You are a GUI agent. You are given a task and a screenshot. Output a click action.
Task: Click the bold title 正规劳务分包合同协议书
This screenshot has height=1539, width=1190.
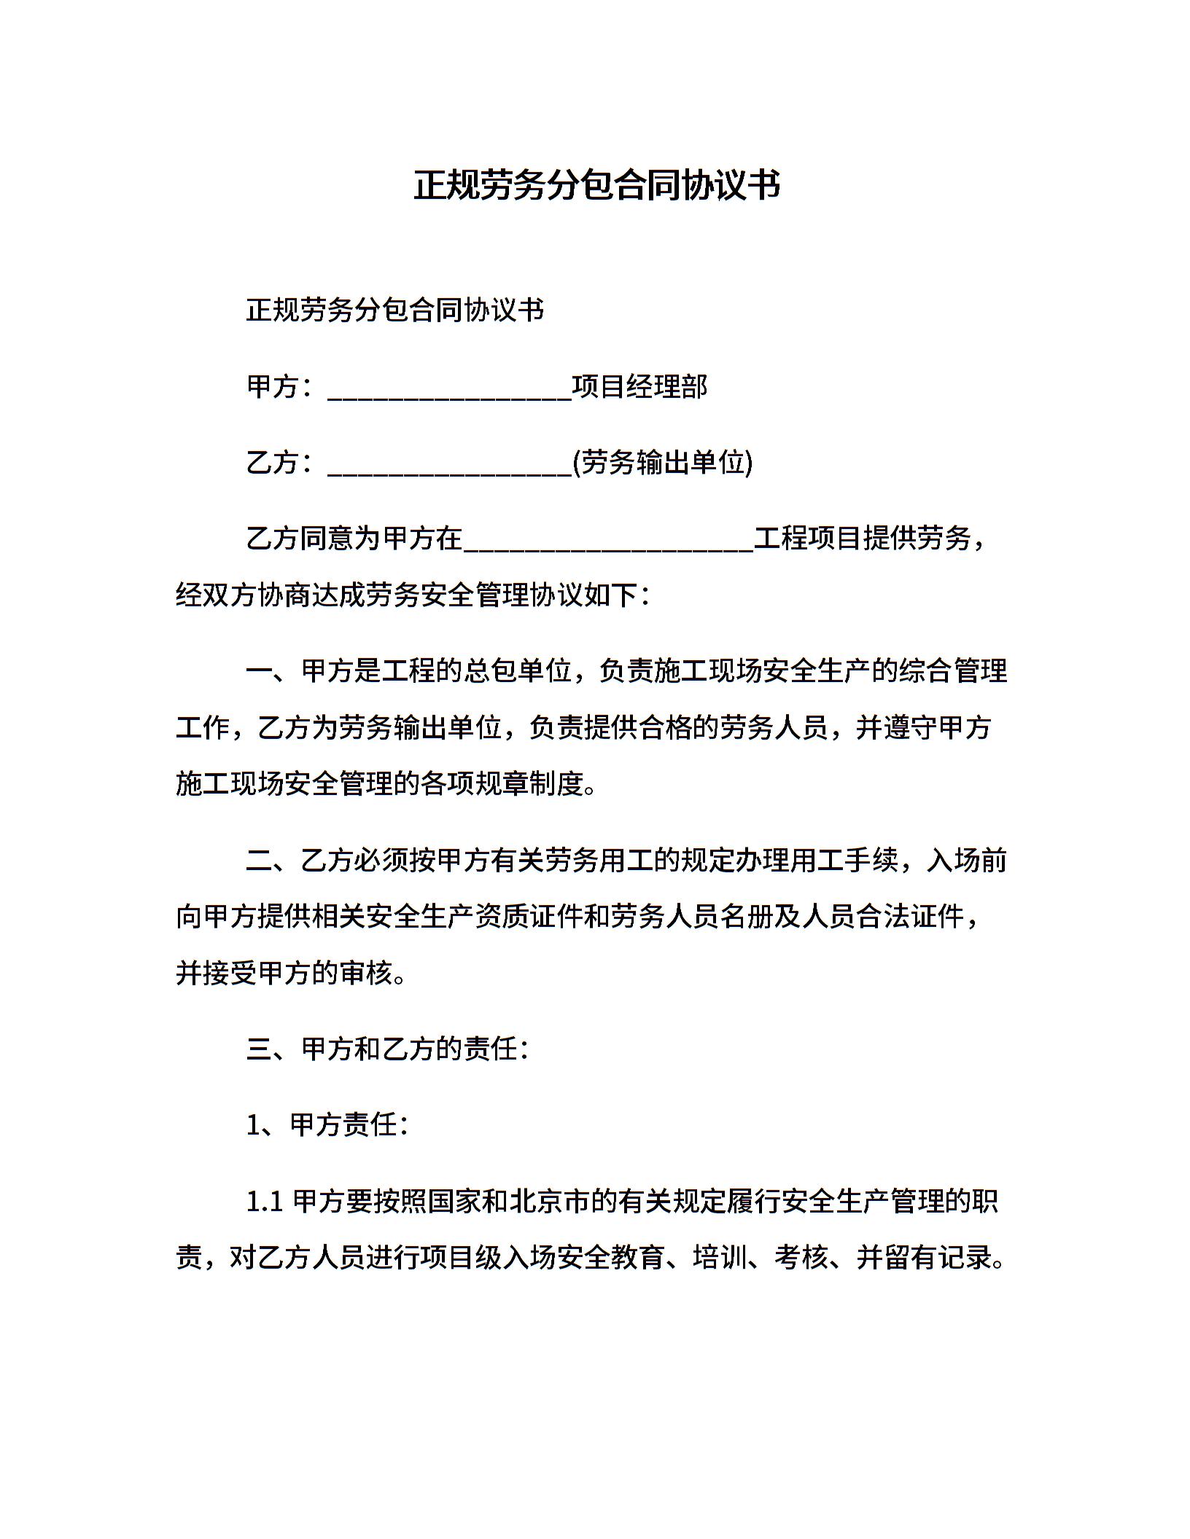pos(596,185)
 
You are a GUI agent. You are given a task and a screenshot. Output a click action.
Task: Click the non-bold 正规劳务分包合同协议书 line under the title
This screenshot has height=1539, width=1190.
pos(395,310)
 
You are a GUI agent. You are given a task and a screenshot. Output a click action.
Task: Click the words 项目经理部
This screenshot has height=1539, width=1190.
pos(639,387)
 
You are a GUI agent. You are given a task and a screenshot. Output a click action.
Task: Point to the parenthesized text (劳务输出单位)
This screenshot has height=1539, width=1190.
pos(662,463)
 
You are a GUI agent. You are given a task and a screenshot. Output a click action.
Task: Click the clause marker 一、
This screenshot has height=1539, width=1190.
pos(273,670)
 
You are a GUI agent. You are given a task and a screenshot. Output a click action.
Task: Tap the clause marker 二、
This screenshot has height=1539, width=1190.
pos(273,861)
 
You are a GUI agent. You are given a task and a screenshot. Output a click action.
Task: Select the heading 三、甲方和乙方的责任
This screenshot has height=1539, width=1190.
pos(387,1049)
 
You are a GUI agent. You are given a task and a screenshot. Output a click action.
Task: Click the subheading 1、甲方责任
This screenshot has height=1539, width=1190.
pos(327,1125)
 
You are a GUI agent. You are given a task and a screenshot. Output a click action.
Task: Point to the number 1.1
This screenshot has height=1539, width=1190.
pos(265,1202)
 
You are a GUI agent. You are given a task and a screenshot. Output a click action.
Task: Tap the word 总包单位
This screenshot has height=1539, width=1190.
pos(516,670)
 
